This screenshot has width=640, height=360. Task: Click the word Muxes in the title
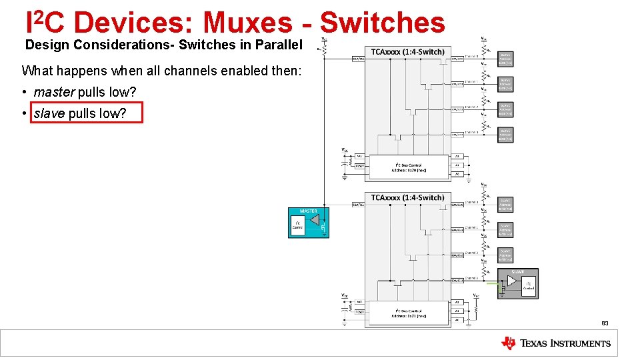pos(247,23)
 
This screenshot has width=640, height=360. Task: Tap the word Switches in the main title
pos(382,23)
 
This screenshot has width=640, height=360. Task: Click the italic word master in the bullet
pos(54,91)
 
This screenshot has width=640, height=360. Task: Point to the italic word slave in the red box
pos(49,113)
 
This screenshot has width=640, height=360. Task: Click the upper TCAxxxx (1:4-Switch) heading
pos(407,51)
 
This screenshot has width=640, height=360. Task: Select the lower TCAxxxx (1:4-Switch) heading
pos(407,197)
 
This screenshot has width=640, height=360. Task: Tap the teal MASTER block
pos(308,223)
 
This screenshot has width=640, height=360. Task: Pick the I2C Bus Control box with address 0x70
pos(407,167)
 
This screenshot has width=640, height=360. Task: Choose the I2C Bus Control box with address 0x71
pos(407,313)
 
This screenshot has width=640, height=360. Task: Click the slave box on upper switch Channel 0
pos(506,59)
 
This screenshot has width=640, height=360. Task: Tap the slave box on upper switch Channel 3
pos(506,134)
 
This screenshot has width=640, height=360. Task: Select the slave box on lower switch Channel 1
pos(506,229)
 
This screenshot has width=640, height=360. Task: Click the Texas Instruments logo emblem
pos(509,343)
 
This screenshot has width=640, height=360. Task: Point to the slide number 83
pos(605,323)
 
